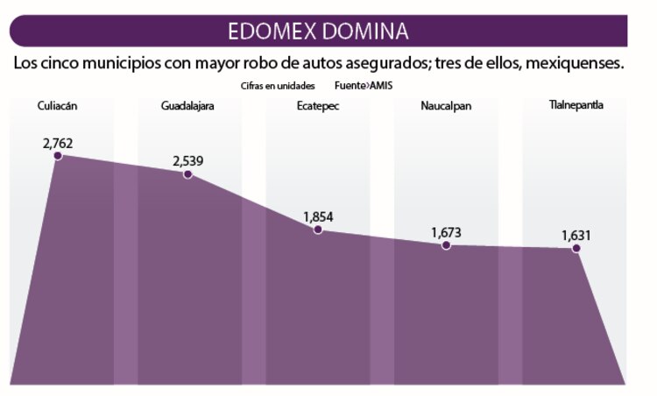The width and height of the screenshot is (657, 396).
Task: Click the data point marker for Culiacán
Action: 58,155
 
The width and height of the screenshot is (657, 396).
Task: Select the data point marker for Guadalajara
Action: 187,173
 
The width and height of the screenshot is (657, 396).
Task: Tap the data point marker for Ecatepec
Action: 317,230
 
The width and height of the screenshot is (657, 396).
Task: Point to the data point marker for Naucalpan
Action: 446,245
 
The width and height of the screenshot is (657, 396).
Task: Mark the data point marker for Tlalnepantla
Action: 576,248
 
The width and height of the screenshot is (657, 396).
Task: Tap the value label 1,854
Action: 318,216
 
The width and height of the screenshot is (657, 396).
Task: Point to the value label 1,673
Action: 446,232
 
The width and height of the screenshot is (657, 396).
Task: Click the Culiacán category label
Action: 58,106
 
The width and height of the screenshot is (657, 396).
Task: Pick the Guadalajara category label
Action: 187,106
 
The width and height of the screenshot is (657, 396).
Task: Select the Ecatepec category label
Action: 317,106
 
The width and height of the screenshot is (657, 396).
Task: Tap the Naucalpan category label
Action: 446,106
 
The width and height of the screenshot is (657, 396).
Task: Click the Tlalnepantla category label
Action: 576,106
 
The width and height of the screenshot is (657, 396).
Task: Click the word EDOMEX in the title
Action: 276,32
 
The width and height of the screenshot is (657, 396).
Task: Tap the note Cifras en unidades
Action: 278,87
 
